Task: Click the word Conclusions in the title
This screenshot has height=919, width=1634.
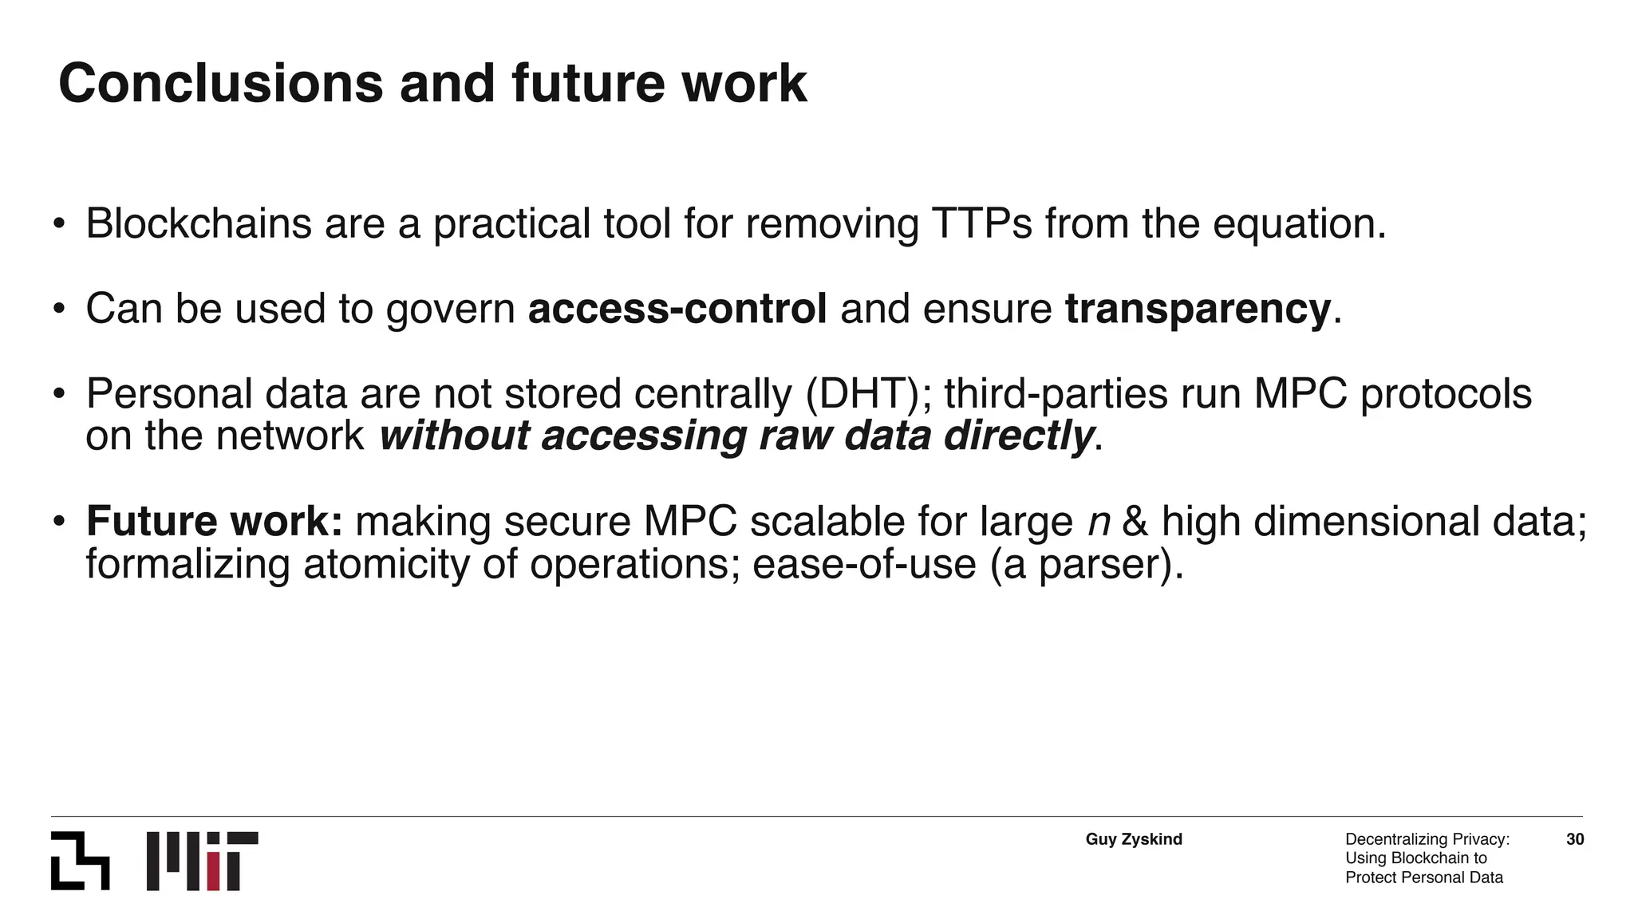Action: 220,84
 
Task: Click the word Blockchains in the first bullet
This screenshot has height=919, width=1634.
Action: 199,224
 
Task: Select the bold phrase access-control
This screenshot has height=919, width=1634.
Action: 677,310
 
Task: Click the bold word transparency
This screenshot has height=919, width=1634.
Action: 1198,310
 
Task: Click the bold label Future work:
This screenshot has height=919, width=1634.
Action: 215,522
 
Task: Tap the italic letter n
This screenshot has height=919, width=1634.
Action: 1099,523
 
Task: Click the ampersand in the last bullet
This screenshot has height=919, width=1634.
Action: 1135,522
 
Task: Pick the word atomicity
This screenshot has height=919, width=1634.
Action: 387,565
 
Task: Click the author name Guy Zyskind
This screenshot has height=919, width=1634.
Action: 1134,839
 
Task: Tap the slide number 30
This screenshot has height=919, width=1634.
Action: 1575,839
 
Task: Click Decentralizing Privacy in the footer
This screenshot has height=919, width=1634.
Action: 1427,839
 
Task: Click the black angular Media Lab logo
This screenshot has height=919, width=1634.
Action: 80,861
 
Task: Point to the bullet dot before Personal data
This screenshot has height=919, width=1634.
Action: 58,394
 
